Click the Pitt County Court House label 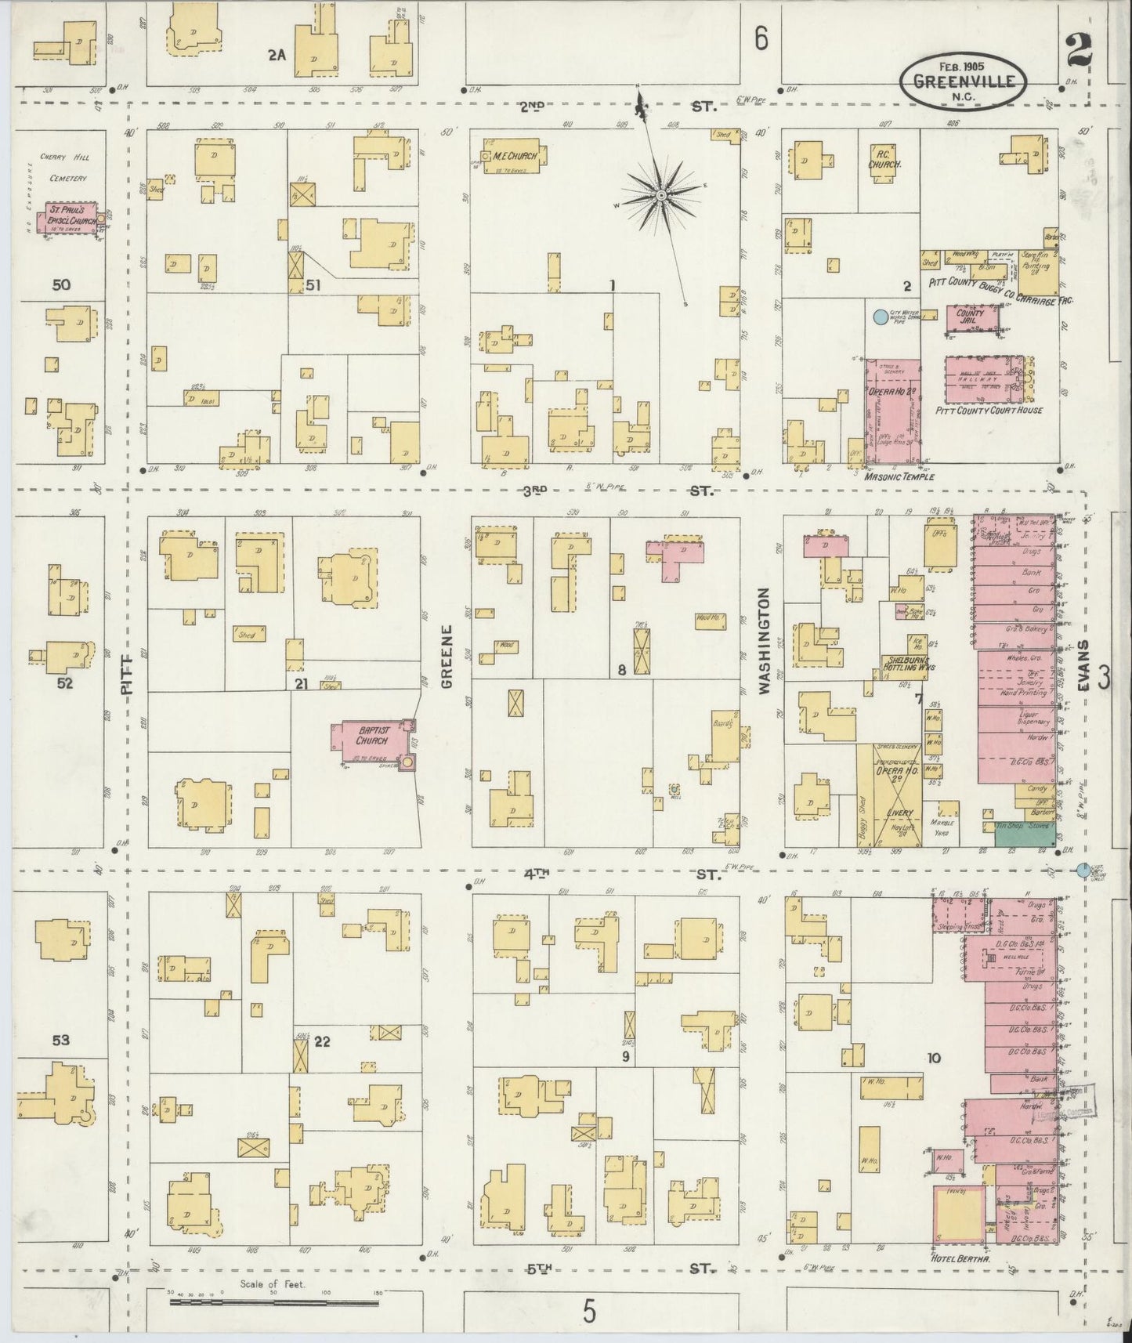click(x=989, y=410)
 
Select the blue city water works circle click(x=880, y=317)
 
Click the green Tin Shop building click(x=1024, y=833)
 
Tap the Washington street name click(x=765, y=640)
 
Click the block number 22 click(x=322, y=1042)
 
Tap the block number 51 click(x=313, y=285)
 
